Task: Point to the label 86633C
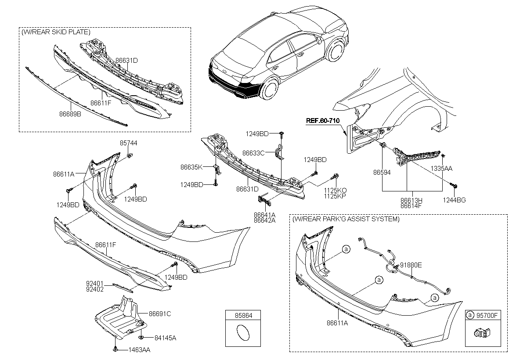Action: (x=253, y=153)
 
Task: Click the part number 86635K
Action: (x=191, y=167)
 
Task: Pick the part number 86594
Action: (x=382, y=173)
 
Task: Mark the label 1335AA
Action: (x=441, y=168)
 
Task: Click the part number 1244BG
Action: (x=455, y=200)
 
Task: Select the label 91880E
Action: (x=411, y=265)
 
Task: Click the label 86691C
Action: (x=159, y=314)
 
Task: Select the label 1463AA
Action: (x=139, y=350)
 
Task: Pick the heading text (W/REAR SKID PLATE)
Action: (x=56, y=32)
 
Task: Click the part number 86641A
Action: (x=264, y=215)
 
